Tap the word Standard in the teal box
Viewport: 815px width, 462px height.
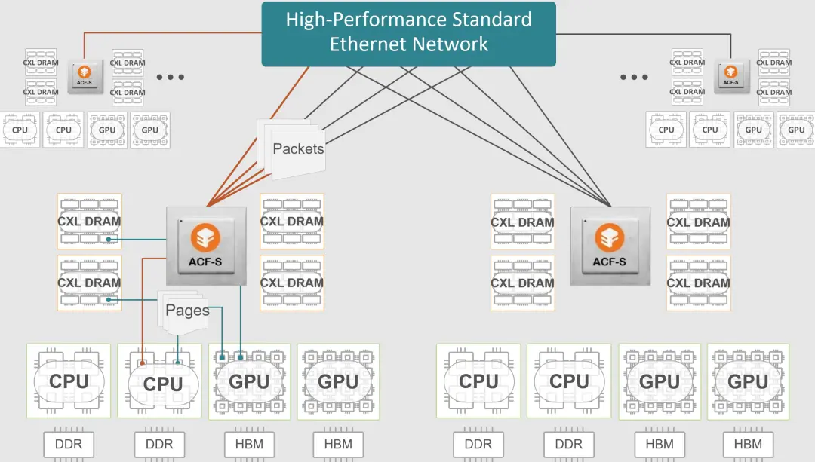[x=492, y=20]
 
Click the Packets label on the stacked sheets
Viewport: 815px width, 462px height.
[x=298, y=149]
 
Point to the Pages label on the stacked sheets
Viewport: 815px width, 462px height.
[x=187, y=311]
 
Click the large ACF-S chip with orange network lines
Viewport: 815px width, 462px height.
[x=206, y=246]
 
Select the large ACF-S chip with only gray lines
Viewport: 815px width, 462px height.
[x=610, y=246]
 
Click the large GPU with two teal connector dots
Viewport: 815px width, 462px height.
[x=250, y=381]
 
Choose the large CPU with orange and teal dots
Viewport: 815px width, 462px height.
[x=159, y=381]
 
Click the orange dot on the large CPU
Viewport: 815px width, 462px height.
[x=143, y=363]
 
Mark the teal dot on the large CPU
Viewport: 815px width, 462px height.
[x=178, y=363]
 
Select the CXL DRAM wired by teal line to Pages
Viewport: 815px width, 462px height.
[x=89, y=283]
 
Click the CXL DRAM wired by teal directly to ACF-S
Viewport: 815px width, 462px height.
[x=89, y=222]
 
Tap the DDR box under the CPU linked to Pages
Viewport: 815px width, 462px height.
[x=159, y=445]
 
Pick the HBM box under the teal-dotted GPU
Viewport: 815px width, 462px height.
[x=250, y=445]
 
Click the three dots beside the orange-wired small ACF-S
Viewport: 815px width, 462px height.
[x=171, y=78]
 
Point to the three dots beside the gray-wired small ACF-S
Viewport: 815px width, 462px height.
[x=634, y=78]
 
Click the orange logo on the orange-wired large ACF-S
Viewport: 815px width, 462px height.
[x=206, y=237]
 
